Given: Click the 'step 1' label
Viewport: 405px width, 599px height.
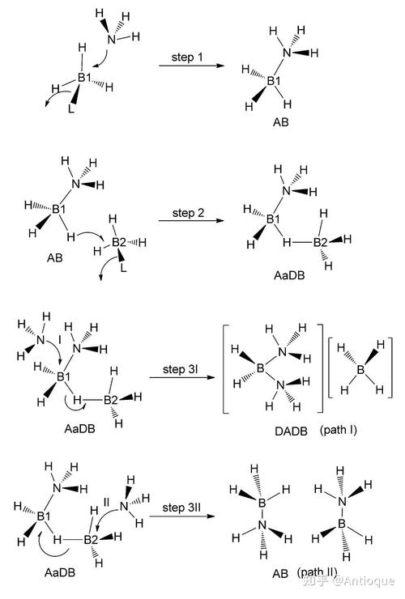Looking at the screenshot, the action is pos(187,57).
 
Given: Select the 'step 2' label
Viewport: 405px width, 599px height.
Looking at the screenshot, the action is pos(188,213).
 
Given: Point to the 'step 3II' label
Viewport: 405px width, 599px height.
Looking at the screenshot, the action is pos(181,508).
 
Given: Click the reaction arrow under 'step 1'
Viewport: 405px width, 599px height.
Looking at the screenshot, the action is pos(191,66).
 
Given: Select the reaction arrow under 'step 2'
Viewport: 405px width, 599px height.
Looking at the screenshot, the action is pos(191,220).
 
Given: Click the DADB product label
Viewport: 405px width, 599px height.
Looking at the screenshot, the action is pos(291,431).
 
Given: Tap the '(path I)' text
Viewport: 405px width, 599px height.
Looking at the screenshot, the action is pos(339,430).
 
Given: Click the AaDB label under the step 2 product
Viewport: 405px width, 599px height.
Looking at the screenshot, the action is pos(289,275).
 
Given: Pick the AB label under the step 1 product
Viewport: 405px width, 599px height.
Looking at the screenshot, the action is pos(281,122).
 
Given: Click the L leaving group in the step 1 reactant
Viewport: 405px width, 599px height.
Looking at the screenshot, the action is pos(71,109).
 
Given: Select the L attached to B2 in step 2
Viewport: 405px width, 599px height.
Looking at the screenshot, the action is pos(123,267).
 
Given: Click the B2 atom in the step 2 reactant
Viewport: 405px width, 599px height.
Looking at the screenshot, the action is pos(118,242).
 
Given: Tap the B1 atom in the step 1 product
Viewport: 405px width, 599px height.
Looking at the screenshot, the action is pos(274,81).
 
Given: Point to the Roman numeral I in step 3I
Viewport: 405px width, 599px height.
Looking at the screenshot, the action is pos(60,340).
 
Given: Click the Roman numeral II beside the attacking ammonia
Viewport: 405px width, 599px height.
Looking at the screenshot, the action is pos(107,502).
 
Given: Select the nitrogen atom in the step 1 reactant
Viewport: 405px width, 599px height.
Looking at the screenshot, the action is pos(111,40).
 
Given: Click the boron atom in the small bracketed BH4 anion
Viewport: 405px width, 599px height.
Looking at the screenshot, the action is pos(360,369).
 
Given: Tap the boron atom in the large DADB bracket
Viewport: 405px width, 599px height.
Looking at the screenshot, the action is pos(261,367).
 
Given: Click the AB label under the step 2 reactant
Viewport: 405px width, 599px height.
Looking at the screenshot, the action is pos(55,258).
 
